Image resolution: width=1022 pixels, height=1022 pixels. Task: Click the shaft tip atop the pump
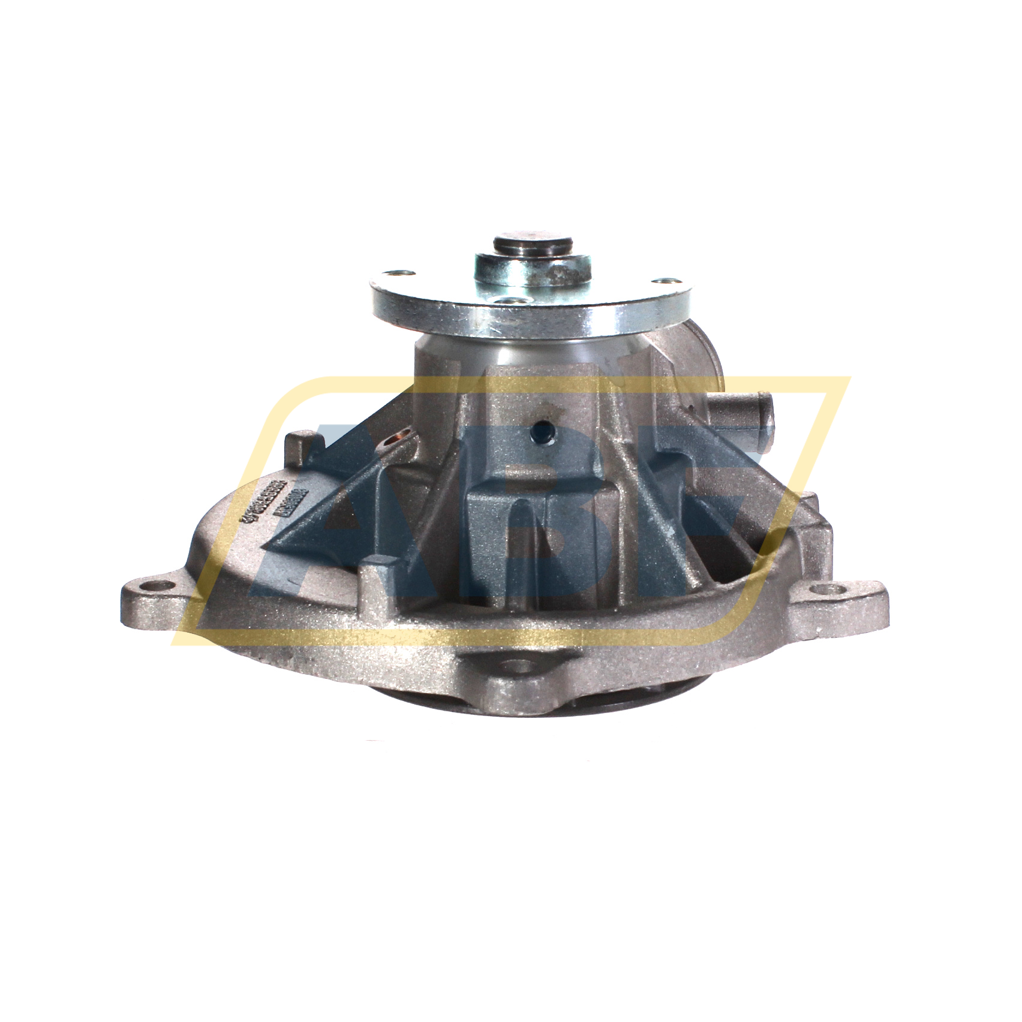pos(532,244)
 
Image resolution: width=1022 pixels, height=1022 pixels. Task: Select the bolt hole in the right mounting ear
pos(835,590)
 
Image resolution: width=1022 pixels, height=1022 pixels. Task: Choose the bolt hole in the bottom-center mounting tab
pos(516,665)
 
